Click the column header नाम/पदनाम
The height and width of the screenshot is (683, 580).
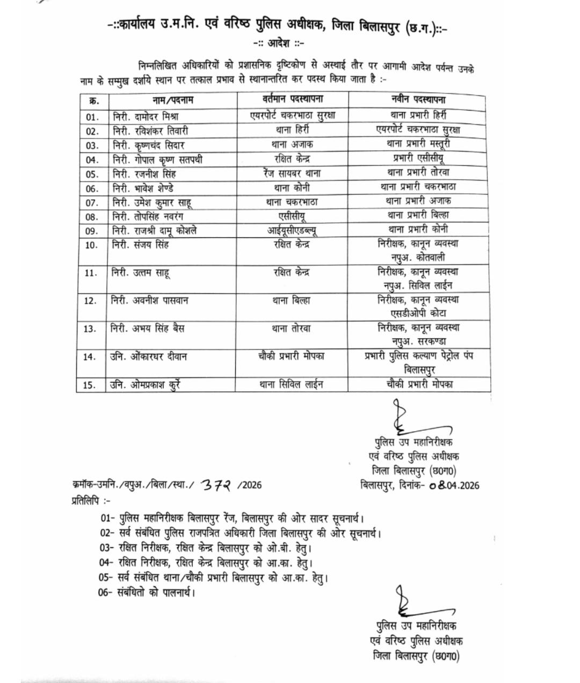pyautogui.click(x=172, y=100)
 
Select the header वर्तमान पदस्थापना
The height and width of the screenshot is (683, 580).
pyautogui.click(x=293, y=99)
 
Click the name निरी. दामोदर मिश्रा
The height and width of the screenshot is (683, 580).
pyautogui.click(x=146, y=116)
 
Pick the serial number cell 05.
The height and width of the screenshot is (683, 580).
pyautogui.click(x=92, y=175)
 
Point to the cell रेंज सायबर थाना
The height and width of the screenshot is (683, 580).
pyautogui.click(x=293, y=173)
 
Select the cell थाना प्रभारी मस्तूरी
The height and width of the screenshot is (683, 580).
pyautogui.click(x=418, y=144)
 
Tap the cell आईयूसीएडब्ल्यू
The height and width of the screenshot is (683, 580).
pyautogui.click(x=293, y=230)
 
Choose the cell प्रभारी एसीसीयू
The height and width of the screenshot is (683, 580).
pyautogui.click(x=418, y=158)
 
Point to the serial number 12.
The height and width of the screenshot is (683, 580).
pyautogui.click(x=91, y=301)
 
